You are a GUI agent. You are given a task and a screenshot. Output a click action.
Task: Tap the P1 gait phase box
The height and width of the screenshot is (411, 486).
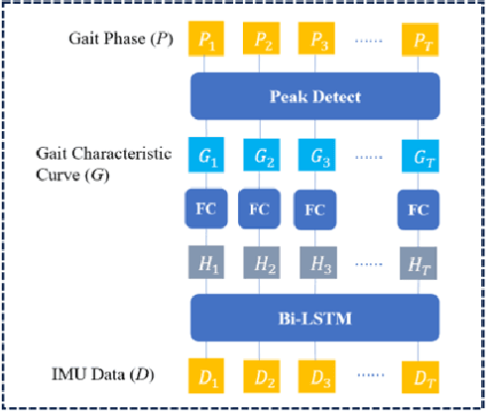click(206, 43)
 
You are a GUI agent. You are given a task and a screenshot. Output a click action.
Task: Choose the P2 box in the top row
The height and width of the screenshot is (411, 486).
click(262, 43)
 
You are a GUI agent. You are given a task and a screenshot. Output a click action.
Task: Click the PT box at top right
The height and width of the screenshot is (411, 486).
click(419, 43)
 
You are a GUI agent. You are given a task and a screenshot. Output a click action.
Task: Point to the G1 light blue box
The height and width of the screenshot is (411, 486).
click(206, 155)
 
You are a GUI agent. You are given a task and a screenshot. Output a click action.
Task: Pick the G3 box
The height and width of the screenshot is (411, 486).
click(314, 155)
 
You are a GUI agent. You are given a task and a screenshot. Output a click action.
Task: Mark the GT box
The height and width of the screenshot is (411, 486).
click(419, 155)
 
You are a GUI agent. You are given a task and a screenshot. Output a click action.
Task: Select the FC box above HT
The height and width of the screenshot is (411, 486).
click(419, 209)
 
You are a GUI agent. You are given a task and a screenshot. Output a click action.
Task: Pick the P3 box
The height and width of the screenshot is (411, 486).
click(314, 43)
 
